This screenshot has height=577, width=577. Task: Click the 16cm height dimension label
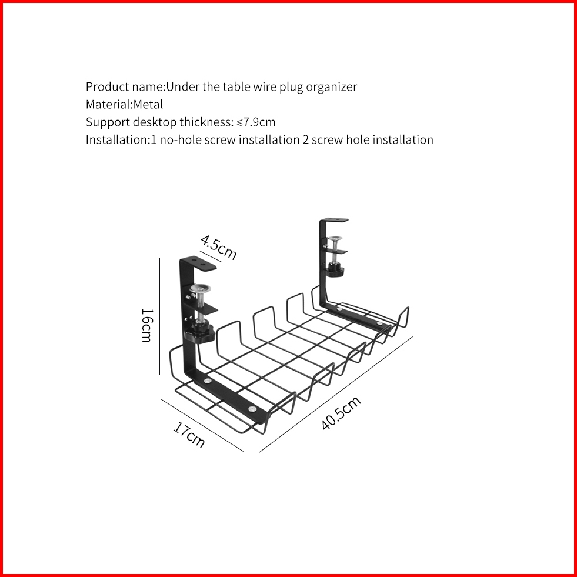146,325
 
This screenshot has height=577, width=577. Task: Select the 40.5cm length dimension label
341,413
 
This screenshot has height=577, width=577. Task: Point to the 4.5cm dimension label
218,247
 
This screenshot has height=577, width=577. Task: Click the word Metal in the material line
148,105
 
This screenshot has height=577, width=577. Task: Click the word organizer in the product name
332,87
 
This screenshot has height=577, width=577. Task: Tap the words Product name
124,87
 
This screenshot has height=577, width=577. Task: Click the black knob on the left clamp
201,331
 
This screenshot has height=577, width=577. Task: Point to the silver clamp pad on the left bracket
200,288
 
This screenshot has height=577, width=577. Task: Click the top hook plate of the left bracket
199,264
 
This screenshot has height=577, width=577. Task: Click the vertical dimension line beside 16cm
160,316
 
